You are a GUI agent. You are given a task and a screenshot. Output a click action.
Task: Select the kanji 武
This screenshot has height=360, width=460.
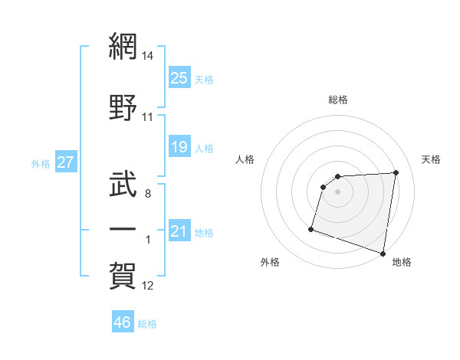pos(123,182)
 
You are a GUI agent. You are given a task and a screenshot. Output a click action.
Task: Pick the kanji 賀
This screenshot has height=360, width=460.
pos(123,274)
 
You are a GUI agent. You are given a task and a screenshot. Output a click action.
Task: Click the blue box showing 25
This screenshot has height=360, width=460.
pos(179,77)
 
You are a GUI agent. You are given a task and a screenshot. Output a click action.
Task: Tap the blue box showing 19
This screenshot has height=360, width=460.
pos(179,146)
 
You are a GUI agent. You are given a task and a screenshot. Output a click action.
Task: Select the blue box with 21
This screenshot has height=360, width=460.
pos(179,231)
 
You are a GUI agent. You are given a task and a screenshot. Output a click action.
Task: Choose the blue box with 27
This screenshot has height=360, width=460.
pos(65,162)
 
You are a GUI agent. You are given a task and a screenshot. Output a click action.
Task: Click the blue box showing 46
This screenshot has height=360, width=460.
pos(123,322)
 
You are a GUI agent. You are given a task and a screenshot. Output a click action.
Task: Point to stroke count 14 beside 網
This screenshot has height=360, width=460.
pos(148,56)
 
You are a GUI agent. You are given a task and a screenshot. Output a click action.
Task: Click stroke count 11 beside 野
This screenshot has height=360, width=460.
pos(148,117)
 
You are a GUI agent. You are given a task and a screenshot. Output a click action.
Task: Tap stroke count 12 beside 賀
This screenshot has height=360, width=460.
pos(148,286)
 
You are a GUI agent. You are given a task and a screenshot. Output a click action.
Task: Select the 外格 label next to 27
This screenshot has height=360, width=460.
pos(41,163)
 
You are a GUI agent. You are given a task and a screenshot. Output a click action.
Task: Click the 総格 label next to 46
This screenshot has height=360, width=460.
pos(147,324)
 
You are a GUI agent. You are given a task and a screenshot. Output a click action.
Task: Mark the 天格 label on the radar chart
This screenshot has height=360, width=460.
pos(432,159)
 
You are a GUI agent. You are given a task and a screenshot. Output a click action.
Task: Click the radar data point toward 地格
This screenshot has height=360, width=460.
pos(383,253)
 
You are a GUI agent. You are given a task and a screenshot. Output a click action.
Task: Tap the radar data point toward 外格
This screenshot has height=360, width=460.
pos(311,228)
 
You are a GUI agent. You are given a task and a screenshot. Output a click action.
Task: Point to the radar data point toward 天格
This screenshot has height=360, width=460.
pos(396,172)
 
